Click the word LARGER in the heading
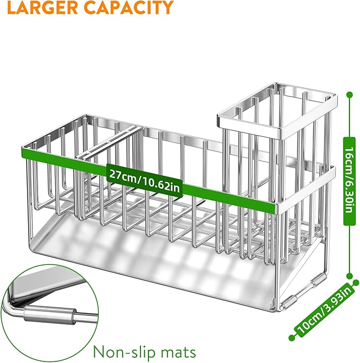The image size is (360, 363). pyautogui.click(x=42, y=7)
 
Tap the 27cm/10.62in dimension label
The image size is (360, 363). pyautogui.click(x=145, y=181)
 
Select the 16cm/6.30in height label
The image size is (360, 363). pyautogui.click(x=349, y=181)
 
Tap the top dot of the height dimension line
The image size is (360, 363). pyautogui.click(x=349, y=94)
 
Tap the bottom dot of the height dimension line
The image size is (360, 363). pyautogui.click(x=349, y=276)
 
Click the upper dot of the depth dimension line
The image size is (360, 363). pyautogui.click(x=356, y=282)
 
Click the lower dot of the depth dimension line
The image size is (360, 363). pyautogui.click(x=292, y=338)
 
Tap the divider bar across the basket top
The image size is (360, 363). pyautogui.click(x=108, y=142)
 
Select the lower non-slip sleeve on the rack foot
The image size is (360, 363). pyautogui.click(x=291, y=301)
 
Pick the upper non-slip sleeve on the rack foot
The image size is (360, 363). pyautogui.click(x=318, y=279)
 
